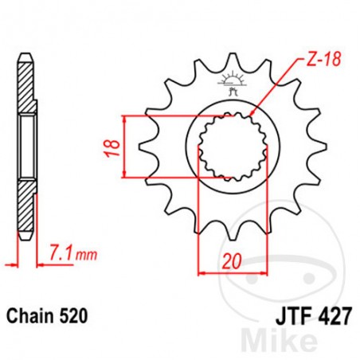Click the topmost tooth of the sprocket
(229, 60)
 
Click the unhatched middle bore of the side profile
(26, 147)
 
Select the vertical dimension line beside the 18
(126, 147)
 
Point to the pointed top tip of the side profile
(26, 54)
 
